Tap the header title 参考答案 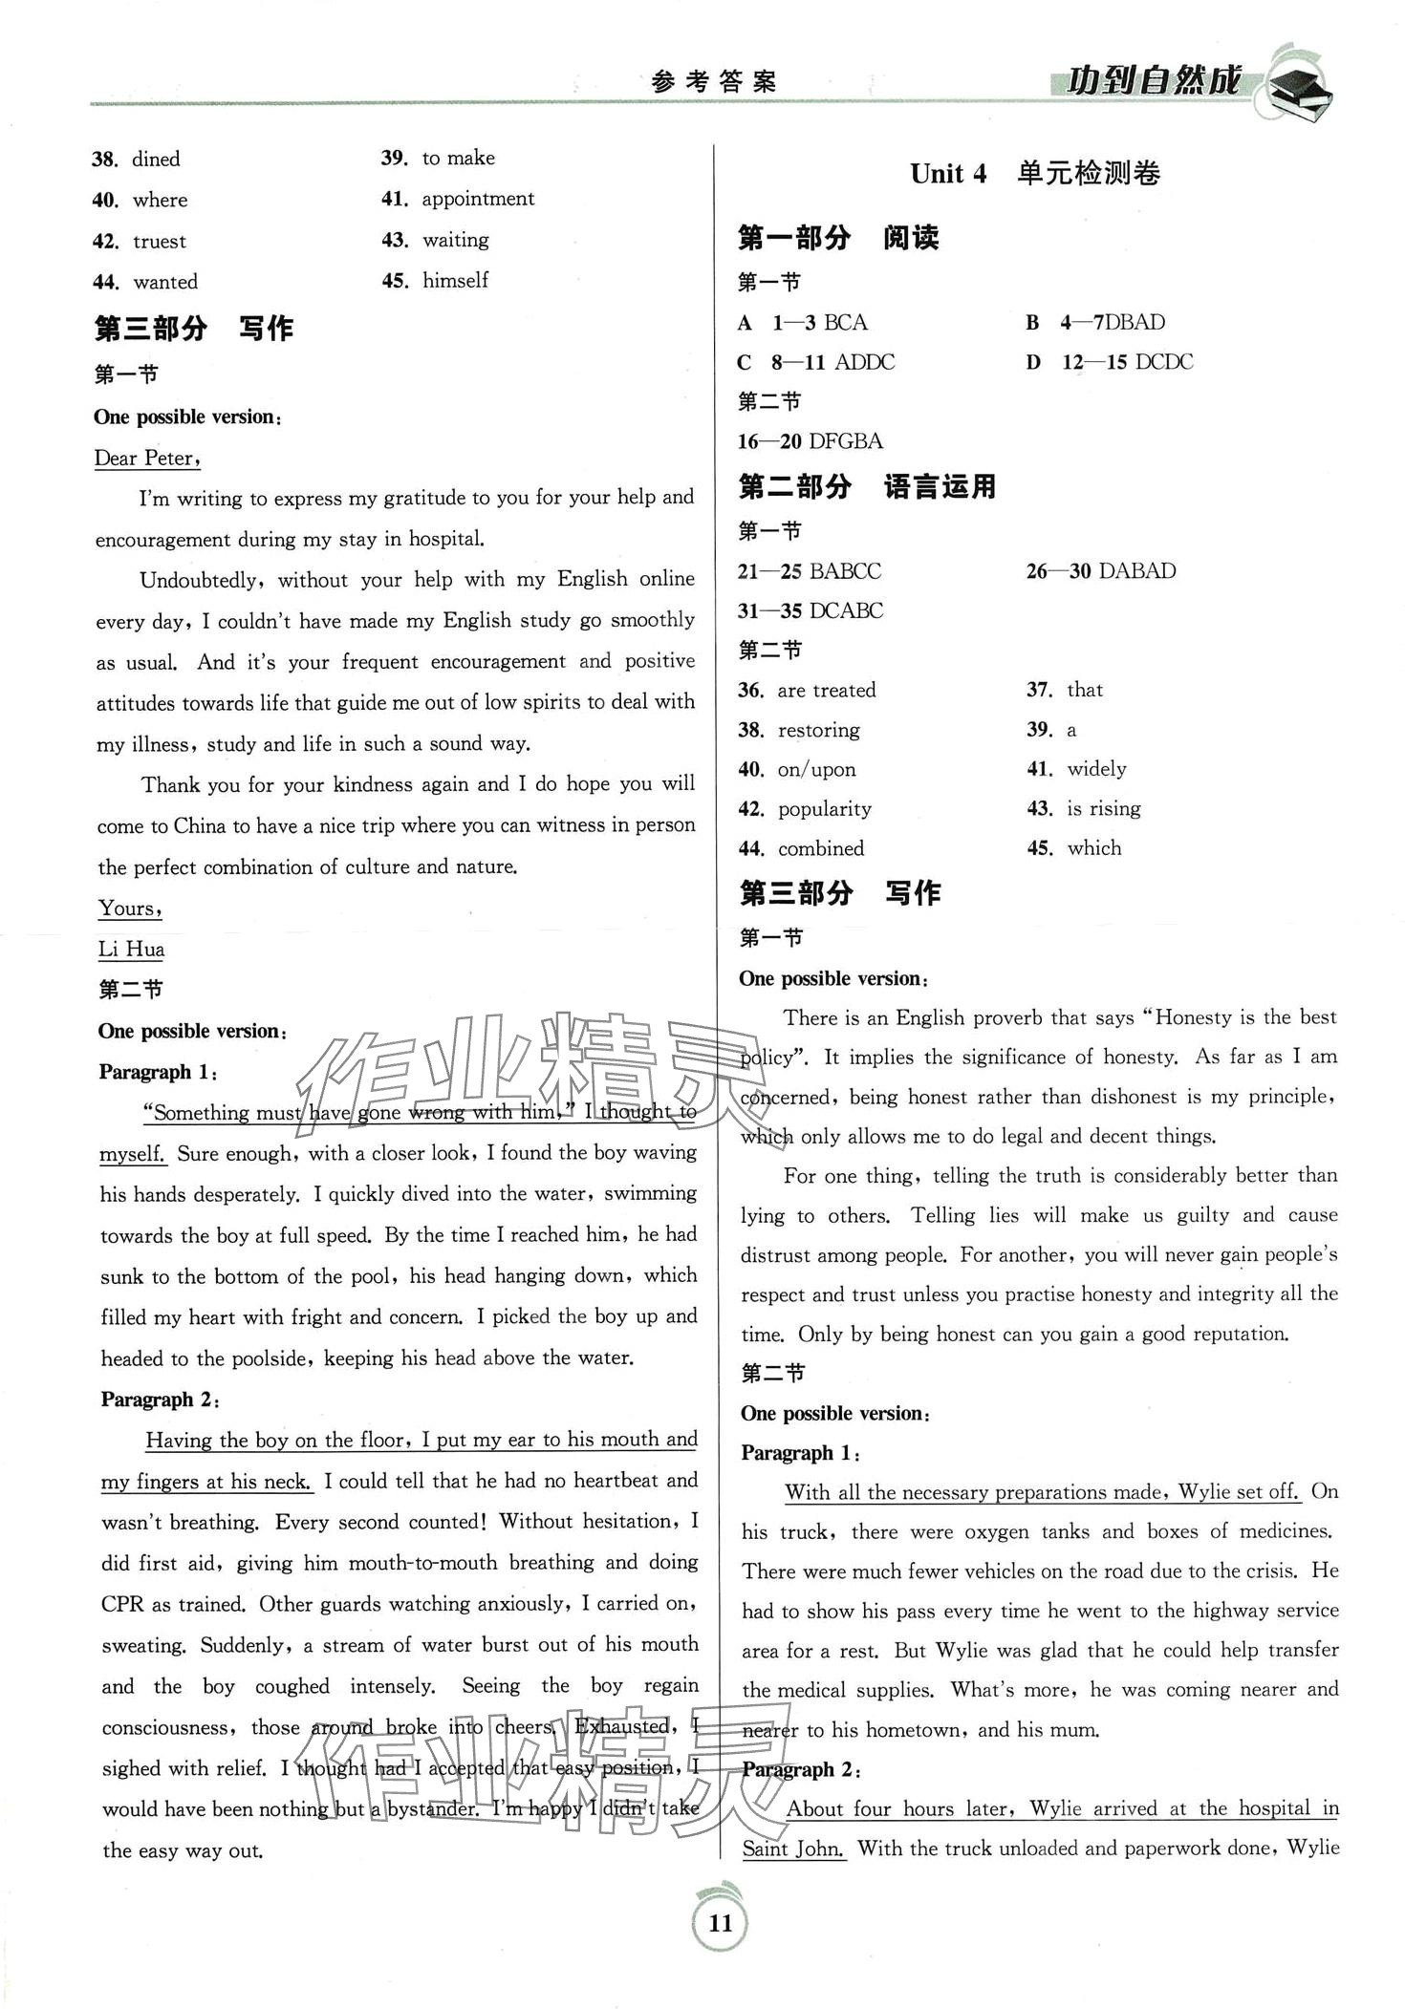click(713, 83)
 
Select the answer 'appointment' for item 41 click(478, 199)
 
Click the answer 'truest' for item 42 click(160, 241)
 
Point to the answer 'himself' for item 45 click(455, 280)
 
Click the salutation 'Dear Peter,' click(147, 459)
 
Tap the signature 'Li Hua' click(131, 949)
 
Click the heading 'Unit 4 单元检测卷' click(1034, 174)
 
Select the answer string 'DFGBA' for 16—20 click(845, 441)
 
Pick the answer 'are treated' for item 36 click(826, 690)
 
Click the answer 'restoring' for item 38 click(818, 730)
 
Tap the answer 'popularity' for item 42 click(824, 809)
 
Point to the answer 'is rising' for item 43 click(1103, 808)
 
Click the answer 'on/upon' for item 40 click(816, 769)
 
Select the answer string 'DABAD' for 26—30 click(1137, 571)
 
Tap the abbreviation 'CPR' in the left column click(123, 1604)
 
